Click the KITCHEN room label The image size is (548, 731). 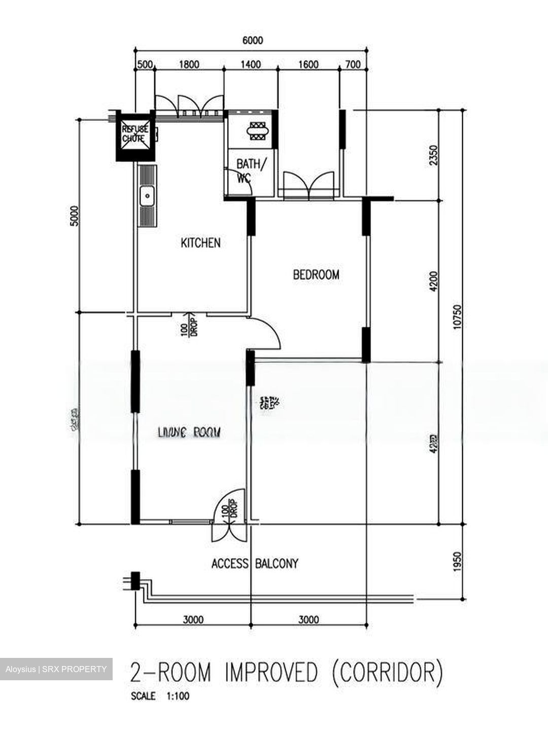(x=200, y=243)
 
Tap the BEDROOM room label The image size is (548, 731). (x=316, y=275)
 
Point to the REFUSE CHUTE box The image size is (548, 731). (x=135, y=135)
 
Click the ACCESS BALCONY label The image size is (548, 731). (x=255, y=563)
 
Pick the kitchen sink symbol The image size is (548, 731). (x=147, y=195)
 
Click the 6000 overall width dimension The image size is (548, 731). (x=252, y=41)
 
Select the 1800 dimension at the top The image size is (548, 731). (x=189, y=64)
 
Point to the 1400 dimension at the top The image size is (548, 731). (x=251, y=64)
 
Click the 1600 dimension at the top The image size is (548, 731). (x=309, y=64)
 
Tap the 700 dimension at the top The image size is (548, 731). (x=352, y=64)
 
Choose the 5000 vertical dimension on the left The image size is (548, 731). (x=75, y=216)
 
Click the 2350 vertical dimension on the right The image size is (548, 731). (x=432, y=155)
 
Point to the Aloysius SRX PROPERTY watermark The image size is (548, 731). (x=56, y=669)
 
